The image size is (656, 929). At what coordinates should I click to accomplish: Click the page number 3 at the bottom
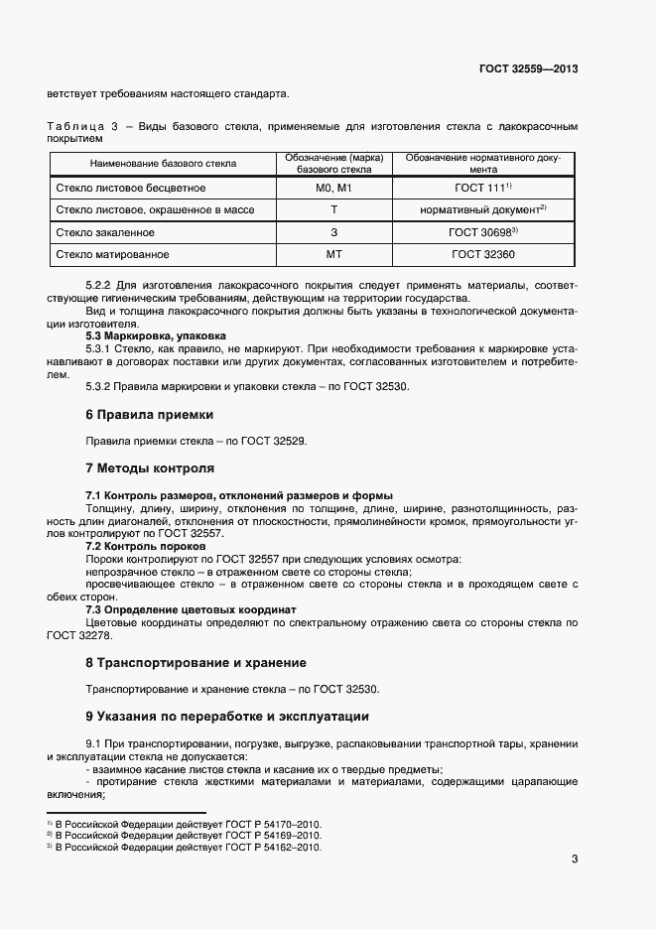pos(575,859)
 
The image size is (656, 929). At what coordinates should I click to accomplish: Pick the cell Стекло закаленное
pos(106,232)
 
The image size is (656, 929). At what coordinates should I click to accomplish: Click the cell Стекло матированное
pos(112,255)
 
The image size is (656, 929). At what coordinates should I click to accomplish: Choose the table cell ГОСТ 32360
pos(482,255)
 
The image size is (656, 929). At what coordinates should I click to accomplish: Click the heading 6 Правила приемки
pos(149,414)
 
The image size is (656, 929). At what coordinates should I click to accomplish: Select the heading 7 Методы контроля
pos(150,467)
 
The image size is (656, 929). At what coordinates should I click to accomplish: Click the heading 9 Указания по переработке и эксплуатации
pos(227,716)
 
